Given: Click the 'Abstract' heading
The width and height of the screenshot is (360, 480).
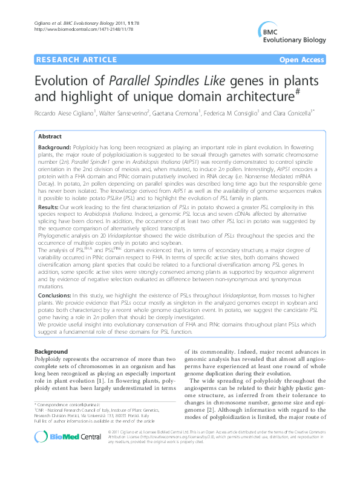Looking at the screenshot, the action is [x=50, y=137].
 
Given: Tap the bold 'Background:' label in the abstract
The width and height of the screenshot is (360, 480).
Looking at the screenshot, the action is [x=54, y=148].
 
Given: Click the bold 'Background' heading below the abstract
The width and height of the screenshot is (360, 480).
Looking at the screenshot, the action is [x=51, y=352].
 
